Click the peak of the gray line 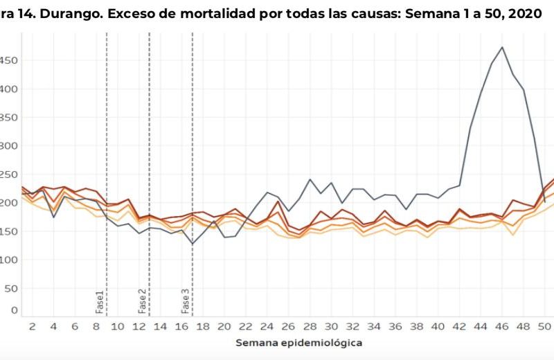502,48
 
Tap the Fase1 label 99,303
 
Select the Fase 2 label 142,301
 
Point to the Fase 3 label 185,301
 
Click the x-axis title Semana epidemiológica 298,343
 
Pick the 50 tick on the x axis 544,326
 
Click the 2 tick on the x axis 32,326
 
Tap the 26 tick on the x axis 288,326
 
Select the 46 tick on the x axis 502,326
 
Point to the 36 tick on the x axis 395,326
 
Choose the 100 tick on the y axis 8,260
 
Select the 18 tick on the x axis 202,326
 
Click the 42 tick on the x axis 459,326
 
